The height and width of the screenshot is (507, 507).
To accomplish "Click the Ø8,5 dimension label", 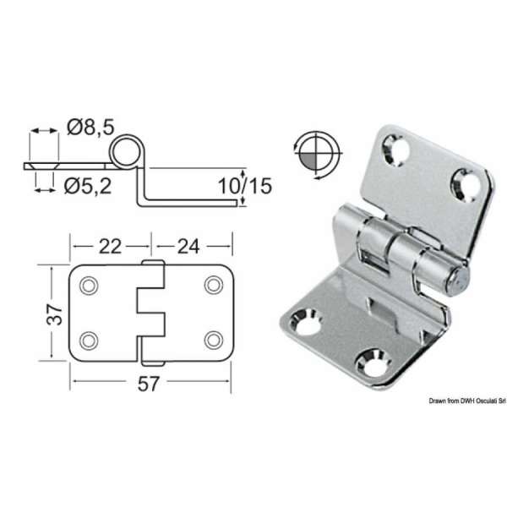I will (90, 129).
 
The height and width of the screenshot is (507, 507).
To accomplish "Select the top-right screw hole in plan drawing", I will (211, 286).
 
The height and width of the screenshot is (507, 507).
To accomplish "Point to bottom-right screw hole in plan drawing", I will (211, 341).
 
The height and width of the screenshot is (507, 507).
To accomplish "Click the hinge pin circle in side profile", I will (126, 152).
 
